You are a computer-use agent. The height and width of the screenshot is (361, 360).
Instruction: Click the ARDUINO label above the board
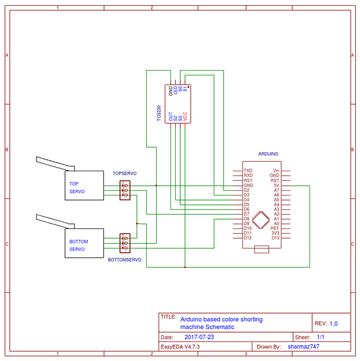coord(268,154)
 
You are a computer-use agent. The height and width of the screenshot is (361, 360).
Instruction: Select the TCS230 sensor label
coord(159,113)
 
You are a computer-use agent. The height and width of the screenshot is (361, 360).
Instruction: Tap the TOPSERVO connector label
coord(125,174)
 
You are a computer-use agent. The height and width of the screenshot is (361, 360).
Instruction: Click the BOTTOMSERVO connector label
coord(125,260)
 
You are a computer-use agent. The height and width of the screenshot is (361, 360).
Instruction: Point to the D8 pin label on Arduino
coord(246,219)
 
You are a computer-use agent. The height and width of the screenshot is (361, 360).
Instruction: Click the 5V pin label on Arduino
coord(276,185)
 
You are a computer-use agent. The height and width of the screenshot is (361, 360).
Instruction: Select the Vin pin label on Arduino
coord(276,170)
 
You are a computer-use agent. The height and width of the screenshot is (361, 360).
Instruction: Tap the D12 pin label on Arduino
coord(247,238)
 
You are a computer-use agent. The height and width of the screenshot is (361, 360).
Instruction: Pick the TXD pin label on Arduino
coord(248,170)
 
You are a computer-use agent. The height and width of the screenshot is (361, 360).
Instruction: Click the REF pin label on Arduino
coord(275,228)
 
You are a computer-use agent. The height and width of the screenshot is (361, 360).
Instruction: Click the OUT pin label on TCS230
coord(171,117)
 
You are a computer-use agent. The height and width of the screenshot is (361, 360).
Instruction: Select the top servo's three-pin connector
coord(125,190)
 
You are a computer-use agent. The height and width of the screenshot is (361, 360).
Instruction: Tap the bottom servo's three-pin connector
coord(125,242)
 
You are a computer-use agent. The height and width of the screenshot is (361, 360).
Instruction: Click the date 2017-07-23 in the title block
coord(199,337)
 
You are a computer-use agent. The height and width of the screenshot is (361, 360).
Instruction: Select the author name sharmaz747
coord(303,347)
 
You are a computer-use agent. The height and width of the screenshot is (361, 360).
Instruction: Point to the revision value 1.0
coord(333,324)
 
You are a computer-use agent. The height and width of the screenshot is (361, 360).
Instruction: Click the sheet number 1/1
coord(320,337)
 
